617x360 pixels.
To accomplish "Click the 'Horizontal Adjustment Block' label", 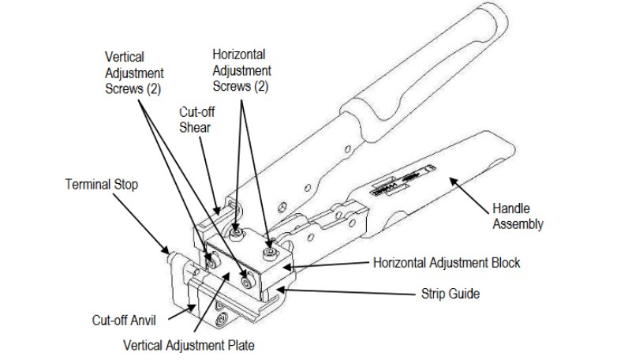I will point(446,262).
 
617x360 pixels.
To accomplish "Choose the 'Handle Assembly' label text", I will point(518,216).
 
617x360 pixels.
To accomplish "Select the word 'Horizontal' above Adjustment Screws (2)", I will point(239,54).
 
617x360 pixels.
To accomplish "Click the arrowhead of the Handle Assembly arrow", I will point(451,179).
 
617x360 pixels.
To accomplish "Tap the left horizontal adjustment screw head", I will point(236,234).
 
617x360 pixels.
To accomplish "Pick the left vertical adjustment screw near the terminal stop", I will point(210,258).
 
